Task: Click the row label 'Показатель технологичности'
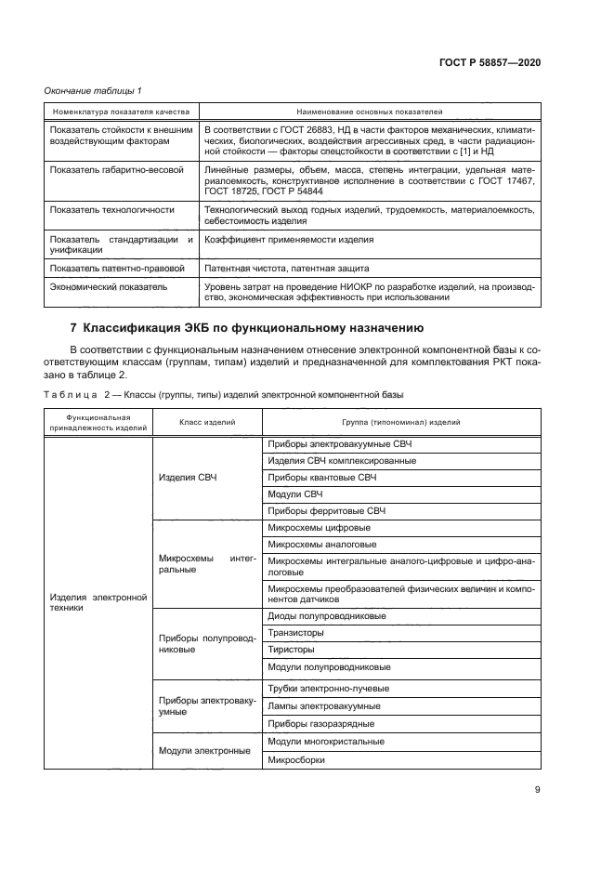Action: [x=99, y=210]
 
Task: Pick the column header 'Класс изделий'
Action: [x=206, y=422]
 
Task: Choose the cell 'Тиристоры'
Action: [x=290, y=649]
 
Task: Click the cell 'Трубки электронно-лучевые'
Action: [x=328, y=689]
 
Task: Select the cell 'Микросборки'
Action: [x=296, y=758]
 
